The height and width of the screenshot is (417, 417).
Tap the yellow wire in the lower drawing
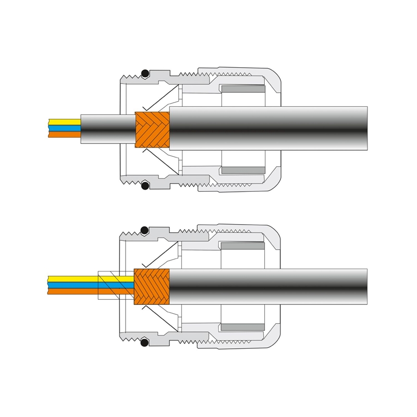click(x=73, y=279)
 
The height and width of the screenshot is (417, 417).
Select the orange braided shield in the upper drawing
click(x=152, y=129)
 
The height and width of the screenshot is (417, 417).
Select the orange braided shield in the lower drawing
click(x=152, y=287)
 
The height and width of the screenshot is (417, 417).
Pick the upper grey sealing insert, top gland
click(x=243, y=89)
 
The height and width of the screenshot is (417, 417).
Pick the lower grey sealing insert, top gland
click(x=243, y=170)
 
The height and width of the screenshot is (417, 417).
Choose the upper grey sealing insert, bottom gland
click(x=243, y=246)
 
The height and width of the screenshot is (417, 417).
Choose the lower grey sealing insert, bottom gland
click(x=243, y=327)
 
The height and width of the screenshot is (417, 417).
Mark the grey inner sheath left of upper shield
click(x=107, y=128)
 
